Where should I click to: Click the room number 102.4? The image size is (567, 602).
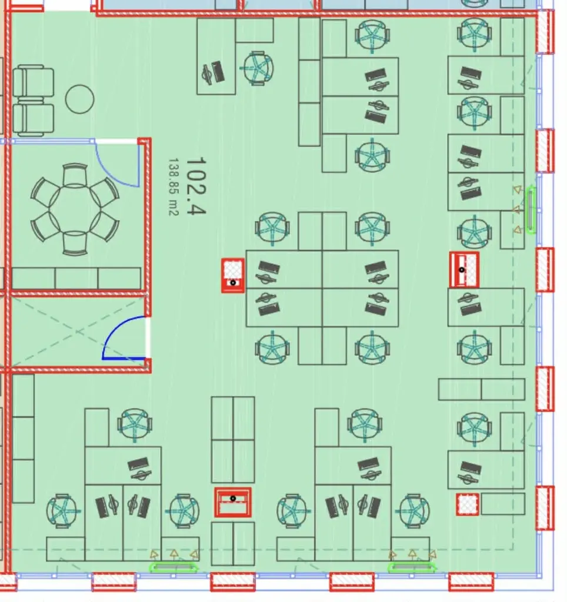point(196,186)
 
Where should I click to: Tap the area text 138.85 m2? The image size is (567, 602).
point(174,187)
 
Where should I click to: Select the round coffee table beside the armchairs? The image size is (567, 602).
point(79,99)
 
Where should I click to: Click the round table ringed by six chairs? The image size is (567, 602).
point(75,210)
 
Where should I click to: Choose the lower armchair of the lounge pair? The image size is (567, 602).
point(33,119)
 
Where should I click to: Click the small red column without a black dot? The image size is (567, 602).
point(468,504)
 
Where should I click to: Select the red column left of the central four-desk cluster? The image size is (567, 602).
point(233,276)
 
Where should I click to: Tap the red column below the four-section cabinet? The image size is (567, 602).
point(233,503)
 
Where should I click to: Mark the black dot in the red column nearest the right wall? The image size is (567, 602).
point(462,270)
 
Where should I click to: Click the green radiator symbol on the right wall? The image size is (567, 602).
point(531,210)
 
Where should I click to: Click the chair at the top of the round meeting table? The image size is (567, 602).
point(75,175)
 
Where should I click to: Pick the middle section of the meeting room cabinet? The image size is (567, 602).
point(76,278)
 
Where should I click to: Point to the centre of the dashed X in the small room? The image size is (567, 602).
point(78,331)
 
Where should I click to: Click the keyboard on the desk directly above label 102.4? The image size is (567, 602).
point(218,71)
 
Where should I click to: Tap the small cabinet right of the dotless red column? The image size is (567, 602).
point(503,504)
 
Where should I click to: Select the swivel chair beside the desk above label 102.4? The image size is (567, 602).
point(258,68)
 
